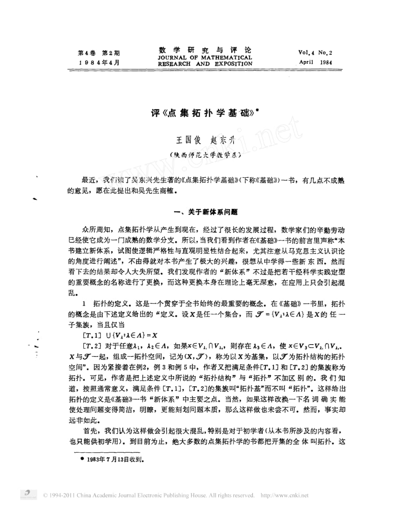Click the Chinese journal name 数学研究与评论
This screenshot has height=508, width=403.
[x=205, y=50]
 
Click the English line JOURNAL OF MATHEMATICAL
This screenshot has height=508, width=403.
[x=205, y=57]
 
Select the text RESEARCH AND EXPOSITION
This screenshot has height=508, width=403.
[x=205, y=64]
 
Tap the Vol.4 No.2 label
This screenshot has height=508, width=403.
[x=315, y=52]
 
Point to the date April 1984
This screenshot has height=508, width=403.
[x=315, y=62]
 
